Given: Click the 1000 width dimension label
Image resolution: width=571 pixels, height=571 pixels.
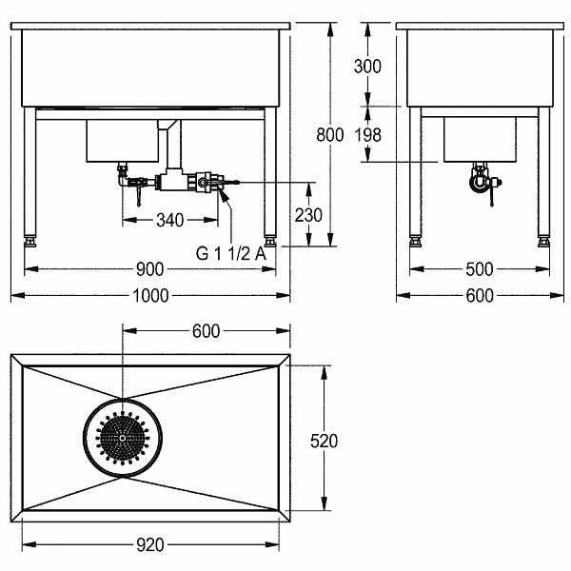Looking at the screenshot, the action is [150, 295].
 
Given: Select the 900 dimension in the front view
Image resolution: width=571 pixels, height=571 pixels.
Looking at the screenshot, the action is [150, 269].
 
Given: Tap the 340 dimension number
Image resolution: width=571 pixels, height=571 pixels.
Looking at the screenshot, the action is [169, 220].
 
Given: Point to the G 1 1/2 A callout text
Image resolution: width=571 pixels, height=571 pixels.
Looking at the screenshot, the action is [231, 253].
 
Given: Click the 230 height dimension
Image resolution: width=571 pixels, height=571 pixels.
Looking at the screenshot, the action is [308, 215].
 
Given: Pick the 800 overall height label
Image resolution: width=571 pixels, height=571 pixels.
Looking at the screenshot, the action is [330, 135].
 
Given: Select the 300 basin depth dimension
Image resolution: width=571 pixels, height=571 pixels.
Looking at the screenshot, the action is [367, 67].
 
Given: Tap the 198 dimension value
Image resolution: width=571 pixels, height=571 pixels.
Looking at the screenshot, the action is [367, 135].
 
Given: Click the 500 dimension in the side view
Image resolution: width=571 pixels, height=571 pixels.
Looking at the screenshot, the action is [480, 269].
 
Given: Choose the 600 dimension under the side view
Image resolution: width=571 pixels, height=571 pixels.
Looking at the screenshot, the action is [480, 295].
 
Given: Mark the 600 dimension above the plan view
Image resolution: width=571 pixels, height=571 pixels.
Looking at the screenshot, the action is [207, 331].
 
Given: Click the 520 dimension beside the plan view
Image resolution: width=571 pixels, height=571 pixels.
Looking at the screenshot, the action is [324, 441].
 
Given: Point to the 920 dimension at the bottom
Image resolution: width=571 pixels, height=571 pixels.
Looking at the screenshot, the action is [150, 544].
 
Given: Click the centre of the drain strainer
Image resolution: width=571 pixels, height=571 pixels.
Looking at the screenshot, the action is [123, 438].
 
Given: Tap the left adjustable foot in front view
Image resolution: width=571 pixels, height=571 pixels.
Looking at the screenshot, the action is [30, 242].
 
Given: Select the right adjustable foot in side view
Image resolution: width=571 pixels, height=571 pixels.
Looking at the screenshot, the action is [544, 242].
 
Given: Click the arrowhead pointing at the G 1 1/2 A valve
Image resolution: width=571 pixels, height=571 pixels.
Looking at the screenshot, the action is [224, 194].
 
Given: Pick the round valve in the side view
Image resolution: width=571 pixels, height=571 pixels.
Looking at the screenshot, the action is [480, 183].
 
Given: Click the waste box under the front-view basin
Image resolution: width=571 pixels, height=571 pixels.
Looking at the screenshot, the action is [123, 141].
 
